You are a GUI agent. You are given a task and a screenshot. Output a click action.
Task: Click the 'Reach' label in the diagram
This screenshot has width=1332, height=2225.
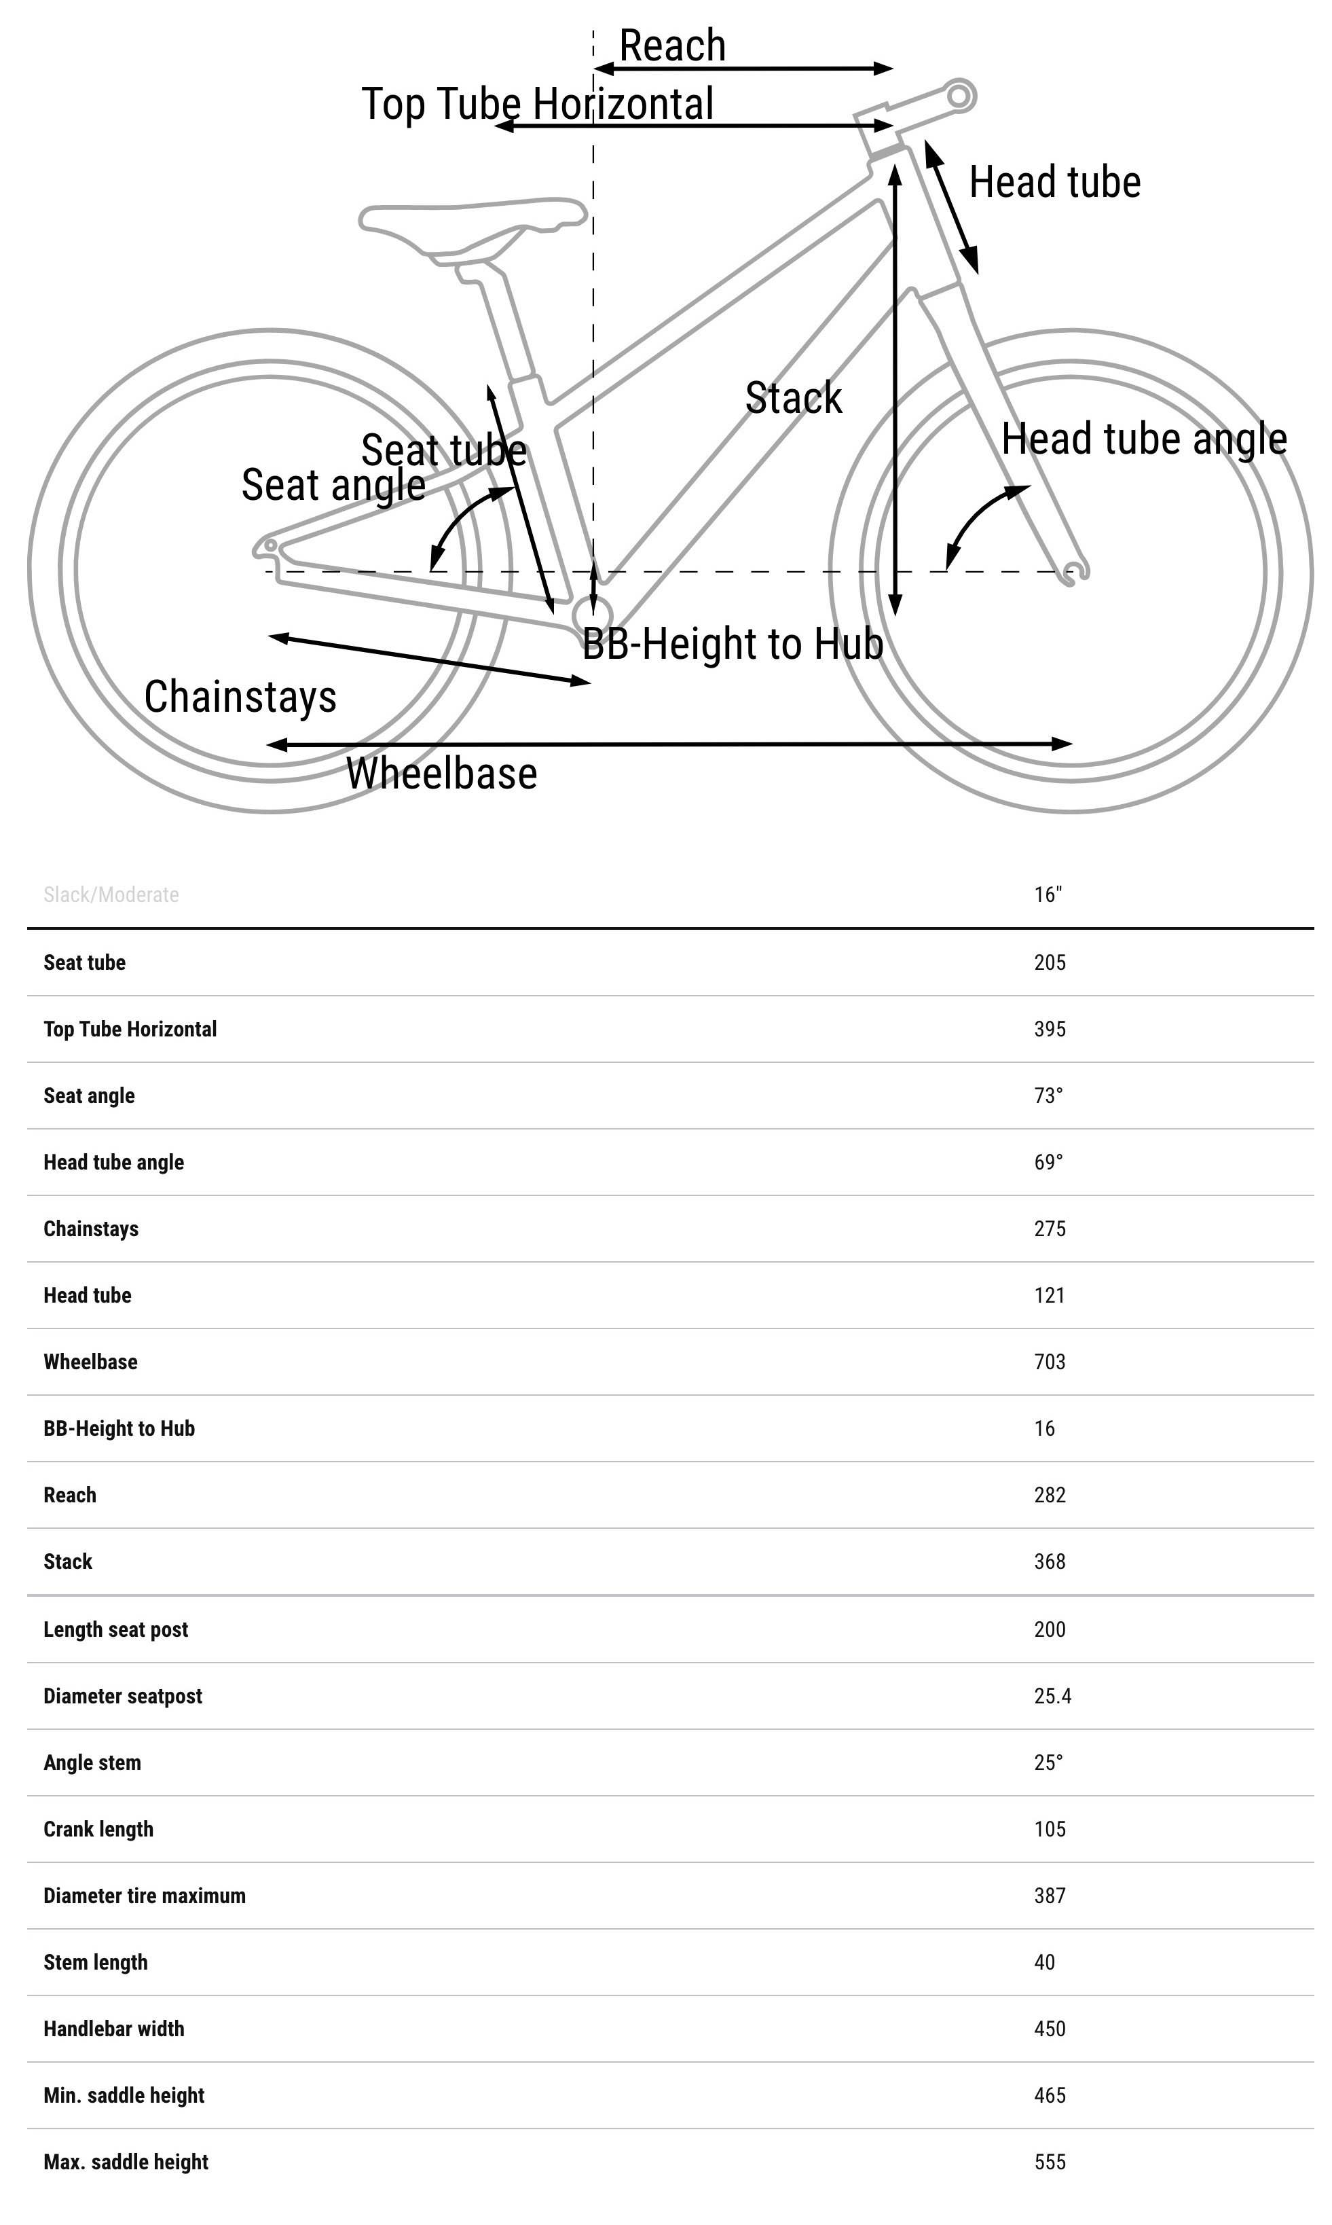tap(672, 46)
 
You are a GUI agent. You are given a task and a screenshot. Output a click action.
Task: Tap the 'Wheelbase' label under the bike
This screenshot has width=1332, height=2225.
tap(441, 774)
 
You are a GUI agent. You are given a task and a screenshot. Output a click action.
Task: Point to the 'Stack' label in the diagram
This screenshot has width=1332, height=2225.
tap(794, 398)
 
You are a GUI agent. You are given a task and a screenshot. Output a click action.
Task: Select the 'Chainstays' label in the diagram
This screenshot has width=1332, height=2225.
tap(240, 697)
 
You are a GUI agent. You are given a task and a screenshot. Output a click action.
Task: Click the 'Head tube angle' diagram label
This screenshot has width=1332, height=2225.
tap(1143, 439)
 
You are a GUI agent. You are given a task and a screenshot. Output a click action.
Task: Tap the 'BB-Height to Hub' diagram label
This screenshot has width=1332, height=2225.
tap(733, 644)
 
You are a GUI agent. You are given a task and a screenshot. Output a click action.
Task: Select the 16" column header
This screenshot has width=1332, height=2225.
tap(1048, 894)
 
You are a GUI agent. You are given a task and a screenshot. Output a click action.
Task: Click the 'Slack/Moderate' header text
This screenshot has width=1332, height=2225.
tap(111, 894)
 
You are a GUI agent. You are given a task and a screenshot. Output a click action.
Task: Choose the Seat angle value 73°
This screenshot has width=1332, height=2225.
tap(1048, 1096)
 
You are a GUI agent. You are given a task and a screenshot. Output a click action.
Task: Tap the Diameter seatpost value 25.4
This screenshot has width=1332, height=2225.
tap(1052, 1695)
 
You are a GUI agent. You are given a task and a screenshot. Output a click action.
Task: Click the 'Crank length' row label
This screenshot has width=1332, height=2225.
tap(98, 1828)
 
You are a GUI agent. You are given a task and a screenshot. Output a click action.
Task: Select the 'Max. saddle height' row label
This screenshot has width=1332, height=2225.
tap(126, 2161)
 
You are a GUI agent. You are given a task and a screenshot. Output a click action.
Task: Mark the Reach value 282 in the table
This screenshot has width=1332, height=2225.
tap(1050, 1494)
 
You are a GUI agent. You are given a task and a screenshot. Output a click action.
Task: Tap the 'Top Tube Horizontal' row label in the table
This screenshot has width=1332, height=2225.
tap(130, 1029)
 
